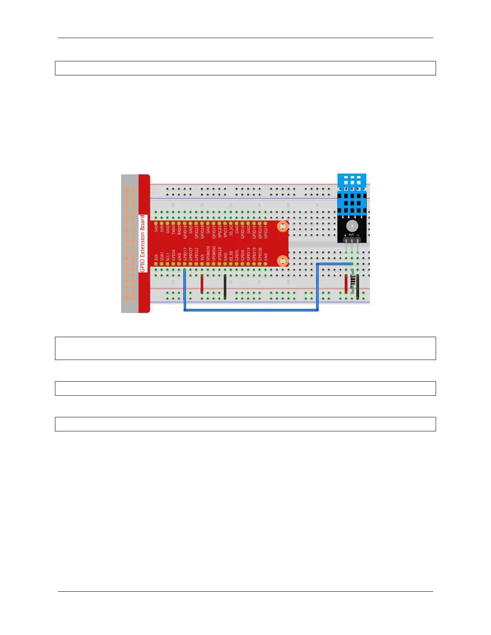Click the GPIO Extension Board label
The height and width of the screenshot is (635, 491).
point(142,243)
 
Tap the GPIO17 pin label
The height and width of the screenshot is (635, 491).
point(185,254)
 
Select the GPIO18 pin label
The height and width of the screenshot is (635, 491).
point(185,232)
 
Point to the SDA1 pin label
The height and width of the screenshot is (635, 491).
point(162,256)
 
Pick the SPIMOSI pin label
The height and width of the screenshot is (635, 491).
point(208,253)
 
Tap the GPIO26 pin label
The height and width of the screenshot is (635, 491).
point(260,254)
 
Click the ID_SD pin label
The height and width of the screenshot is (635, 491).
point(231,256)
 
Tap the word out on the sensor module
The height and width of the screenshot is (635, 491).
point(351,235)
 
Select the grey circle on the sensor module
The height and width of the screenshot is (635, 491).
point(352,226)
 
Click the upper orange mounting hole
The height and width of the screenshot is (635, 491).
point(283,227)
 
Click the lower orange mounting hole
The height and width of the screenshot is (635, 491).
point(283,261)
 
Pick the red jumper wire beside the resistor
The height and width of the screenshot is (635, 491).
point(346,284)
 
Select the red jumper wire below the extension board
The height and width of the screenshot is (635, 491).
point(202,284)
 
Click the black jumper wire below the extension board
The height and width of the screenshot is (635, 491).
point(225,287)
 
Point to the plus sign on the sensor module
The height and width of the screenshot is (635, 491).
point(345,235)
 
